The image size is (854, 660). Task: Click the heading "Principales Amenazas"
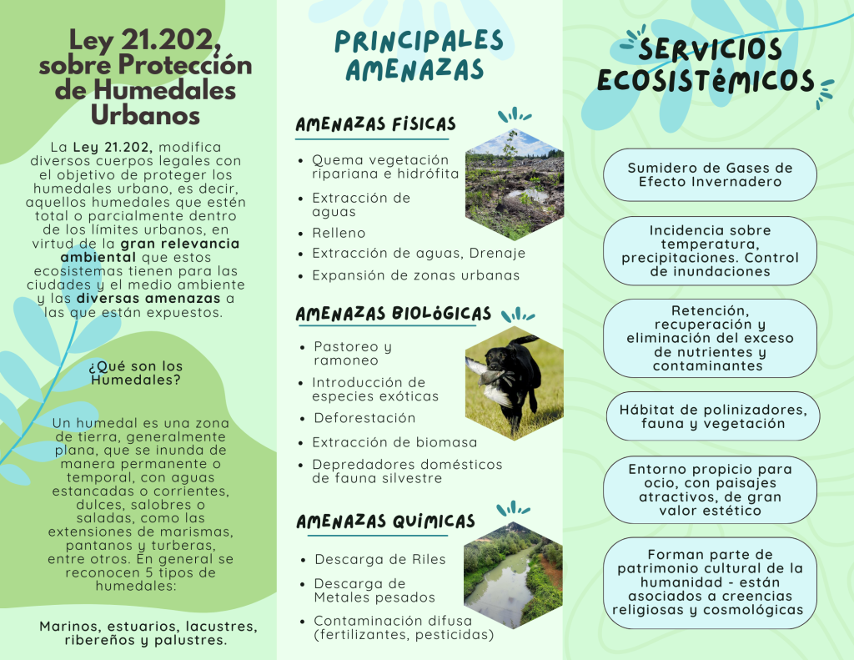[x=419, y=55]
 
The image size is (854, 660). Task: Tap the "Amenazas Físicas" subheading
[x=375, y=124]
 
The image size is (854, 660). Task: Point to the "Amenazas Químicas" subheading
[x=385, y=521]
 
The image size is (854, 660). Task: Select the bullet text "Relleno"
[x=339, y=233]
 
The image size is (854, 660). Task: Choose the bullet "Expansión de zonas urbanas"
[x=415, y=275]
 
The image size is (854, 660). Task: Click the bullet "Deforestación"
[x=364, y=418]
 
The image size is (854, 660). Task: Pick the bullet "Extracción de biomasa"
[x=394, y=442]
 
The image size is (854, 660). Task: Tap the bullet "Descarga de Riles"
[x=379, y=559]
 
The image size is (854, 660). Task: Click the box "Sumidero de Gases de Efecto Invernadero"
[x=710, y=174]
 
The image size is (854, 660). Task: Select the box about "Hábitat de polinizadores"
[x=712, y=416]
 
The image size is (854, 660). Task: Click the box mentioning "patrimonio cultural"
[x=710, y=582]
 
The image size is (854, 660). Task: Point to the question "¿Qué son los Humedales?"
[x=136, y=373]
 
